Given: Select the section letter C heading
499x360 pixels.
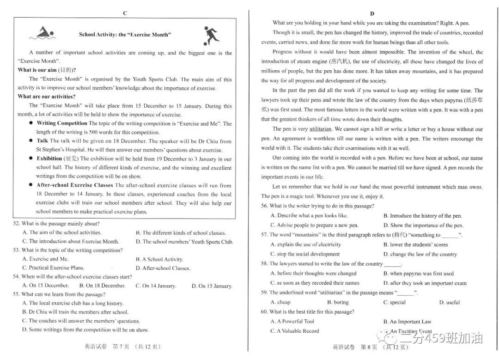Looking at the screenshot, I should [125, 13].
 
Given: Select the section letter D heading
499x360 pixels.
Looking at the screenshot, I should [372, 13].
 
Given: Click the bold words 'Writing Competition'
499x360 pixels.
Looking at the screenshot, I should [62, 123].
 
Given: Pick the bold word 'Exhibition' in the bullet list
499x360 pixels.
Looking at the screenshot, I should [49, 159].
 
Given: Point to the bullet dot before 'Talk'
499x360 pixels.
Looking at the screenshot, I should [31, 141].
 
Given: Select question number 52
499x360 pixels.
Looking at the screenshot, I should [16, 224].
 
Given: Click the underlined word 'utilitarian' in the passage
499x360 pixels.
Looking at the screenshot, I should [321, 129].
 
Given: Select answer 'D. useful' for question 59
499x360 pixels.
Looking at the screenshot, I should [449, 302].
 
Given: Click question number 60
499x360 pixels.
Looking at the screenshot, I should [264, 312].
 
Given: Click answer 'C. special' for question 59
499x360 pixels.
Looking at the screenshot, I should [394, 302].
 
